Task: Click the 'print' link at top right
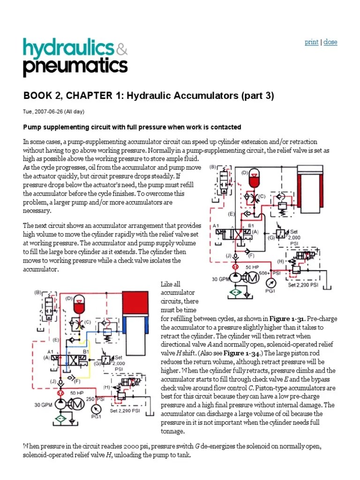311,42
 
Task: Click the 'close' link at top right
330,42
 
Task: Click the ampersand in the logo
121,49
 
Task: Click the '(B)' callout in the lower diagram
38,292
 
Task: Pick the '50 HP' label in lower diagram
77,392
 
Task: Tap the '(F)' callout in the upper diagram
251,255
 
